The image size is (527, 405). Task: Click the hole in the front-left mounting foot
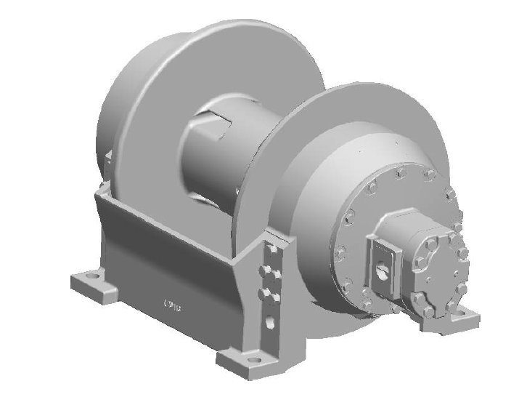[92, 276]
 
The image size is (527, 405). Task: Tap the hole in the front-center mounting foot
[253, 358]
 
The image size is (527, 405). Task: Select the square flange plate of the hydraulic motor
[383, 265]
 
